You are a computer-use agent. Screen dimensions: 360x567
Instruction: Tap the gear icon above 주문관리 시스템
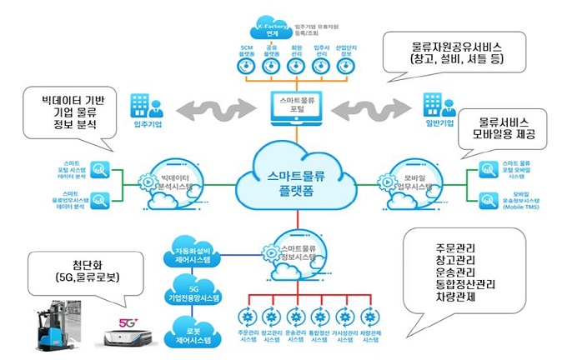coord(248,316)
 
